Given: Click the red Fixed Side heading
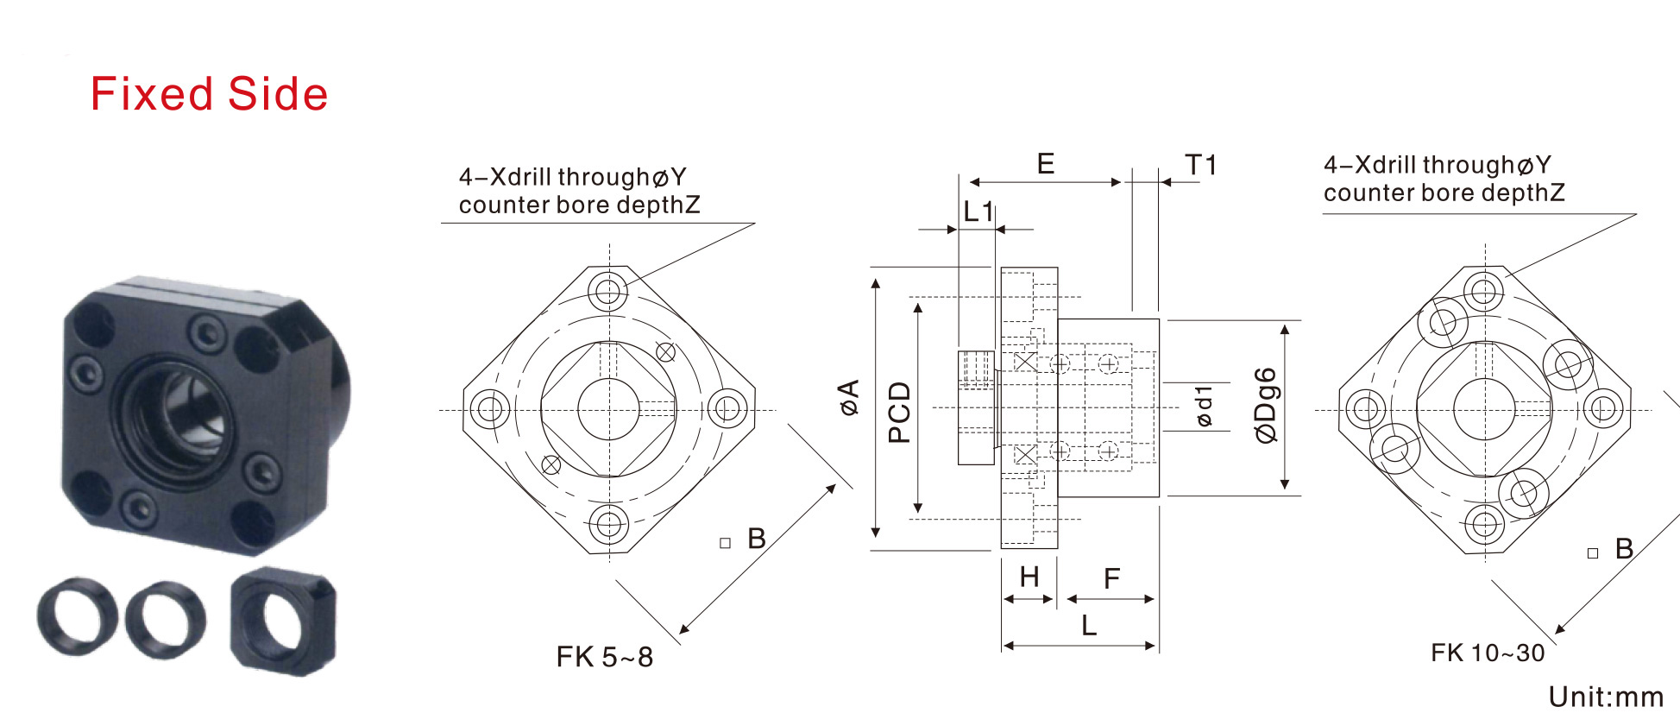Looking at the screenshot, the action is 209,94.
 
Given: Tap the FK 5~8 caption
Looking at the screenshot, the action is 604,657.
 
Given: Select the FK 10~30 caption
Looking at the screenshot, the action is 1488,653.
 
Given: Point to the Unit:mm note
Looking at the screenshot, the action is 1606,697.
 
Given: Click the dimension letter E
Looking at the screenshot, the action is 1046,164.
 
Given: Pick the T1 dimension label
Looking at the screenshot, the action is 1200,165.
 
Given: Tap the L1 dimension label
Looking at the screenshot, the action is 978,211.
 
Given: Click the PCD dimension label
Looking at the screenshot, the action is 899,413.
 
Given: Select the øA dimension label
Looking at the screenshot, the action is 850,397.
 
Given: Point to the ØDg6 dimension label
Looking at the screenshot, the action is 1265,406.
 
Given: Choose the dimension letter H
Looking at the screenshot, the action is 1029,577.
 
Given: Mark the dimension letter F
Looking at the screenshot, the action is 1111,578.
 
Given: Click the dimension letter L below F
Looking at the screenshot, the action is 1089,625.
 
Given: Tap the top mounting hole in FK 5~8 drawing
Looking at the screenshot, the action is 608,290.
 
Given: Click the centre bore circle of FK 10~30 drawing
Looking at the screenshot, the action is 1484,409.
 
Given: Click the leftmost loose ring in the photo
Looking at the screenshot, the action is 78,616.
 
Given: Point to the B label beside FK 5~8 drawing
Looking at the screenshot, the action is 757,539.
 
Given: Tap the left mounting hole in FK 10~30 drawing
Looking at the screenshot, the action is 1365,408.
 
